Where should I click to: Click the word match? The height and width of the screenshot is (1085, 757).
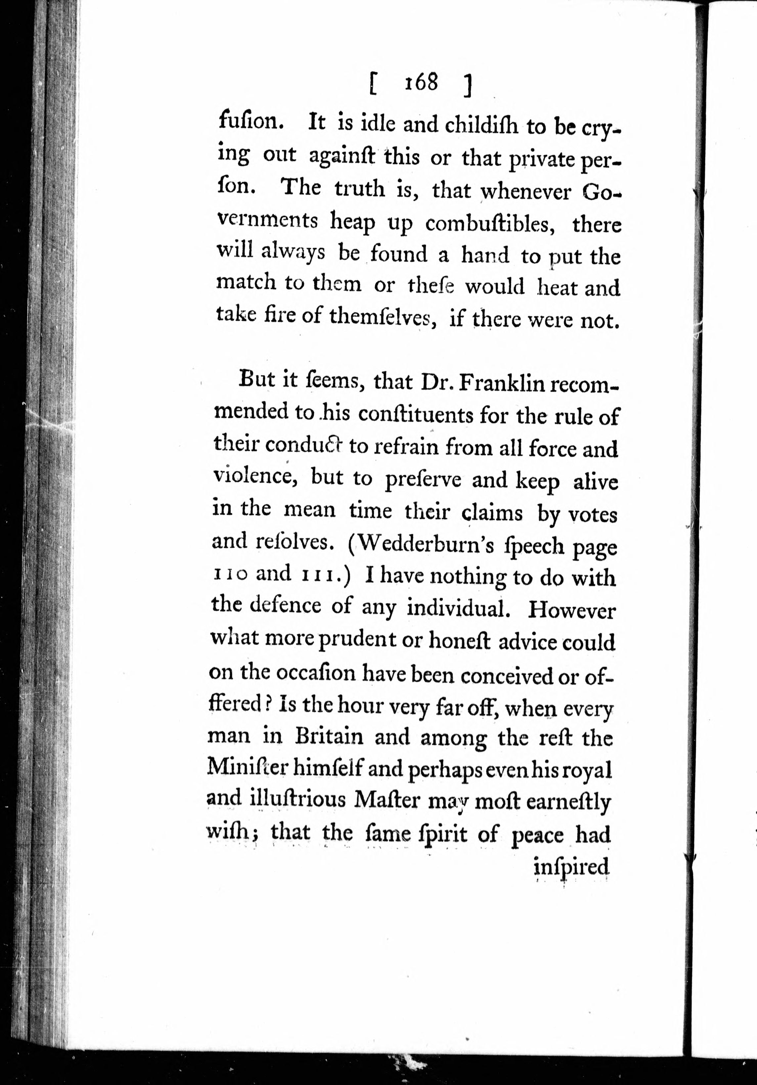tap(246, 283)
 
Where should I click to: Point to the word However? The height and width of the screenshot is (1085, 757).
tap(571, 611)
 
